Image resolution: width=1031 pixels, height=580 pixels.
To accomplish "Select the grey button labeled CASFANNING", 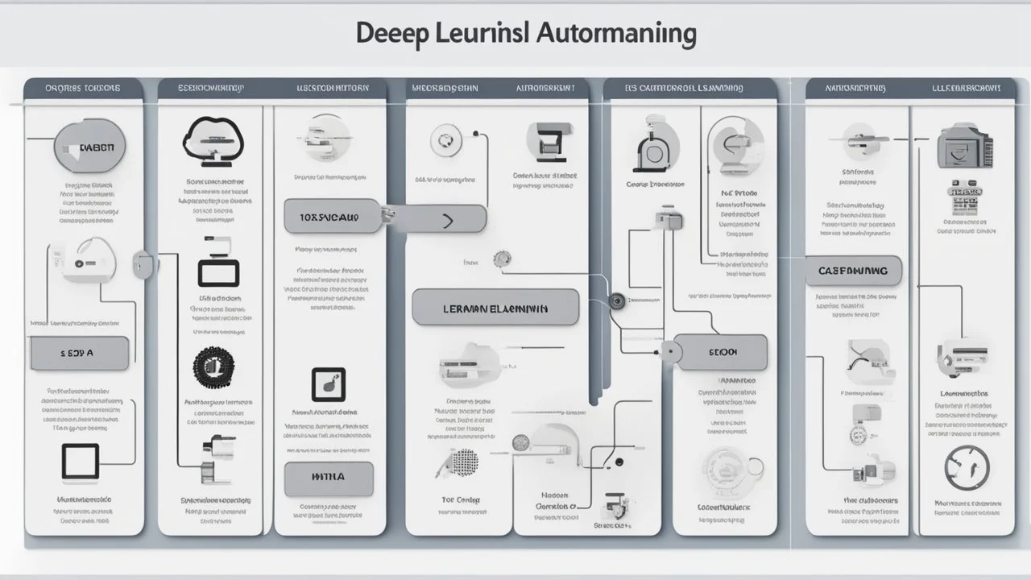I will pos(853,271).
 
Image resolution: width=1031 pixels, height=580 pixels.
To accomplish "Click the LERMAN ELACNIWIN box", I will pos(495,308).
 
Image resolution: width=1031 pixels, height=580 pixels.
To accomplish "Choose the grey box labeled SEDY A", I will pos(79,354).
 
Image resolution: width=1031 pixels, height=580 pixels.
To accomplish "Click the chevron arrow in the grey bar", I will pos(448,220).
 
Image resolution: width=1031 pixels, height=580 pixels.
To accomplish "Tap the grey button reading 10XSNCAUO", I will pos(330,217).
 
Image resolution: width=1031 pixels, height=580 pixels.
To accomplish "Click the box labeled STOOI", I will pos(722,352).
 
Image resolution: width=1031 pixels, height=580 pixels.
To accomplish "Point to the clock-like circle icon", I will pos(964,466).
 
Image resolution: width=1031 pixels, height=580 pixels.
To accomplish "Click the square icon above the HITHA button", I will pos(328,385).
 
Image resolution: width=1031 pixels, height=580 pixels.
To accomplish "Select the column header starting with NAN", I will pos(855,87).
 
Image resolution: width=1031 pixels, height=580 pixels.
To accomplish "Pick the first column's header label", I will pos(83,87).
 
